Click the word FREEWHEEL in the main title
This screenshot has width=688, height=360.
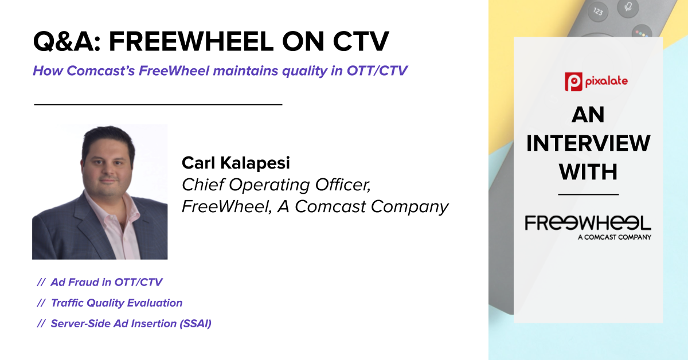click(191, 41)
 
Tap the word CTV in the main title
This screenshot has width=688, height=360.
click(361, 41)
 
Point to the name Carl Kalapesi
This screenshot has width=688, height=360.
click(236, 163)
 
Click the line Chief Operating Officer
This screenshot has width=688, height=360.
click(276, 185)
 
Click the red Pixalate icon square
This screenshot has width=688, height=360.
click(573, 82)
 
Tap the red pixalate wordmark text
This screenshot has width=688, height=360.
click(607, 81)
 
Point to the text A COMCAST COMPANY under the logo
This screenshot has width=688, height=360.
click(614, 237)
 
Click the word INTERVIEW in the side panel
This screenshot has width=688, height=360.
click(588, 143)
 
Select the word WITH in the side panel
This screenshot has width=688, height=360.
click(588, 172)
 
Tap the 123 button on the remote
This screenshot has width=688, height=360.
click(597, 11)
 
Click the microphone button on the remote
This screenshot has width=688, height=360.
click(628, 7)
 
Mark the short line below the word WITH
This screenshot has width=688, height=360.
click(588, 194)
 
